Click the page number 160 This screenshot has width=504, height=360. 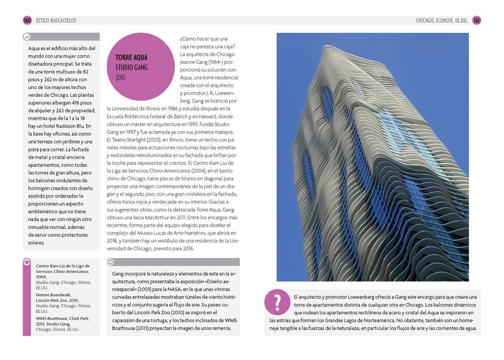[27, 20]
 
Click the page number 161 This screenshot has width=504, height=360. [477, 20]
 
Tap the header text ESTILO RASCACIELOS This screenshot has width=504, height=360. [56, 21]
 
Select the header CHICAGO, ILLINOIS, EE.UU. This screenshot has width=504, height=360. [442, 21]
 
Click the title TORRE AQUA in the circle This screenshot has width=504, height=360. [132, 58]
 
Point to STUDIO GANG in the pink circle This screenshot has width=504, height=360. [131, 67]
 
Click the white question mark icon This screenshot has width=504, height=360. [277, 302]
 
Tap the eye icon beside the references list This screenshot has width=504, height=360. [27, 262]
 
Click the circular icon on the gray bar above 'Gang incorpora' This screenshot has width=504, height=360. [111, 262]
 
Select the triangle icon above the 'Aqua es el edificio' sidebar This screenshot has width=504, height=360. [27, 37]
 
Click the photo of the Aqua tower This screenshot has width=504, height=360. [372, 157]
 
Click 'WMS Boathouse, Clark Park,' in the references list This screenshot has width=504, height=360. [62, 318]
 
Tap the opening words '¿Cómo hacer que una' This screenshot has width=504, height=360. [204, 39]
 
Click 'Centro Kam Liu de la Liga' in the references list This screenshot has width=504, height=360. [62, 266]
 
